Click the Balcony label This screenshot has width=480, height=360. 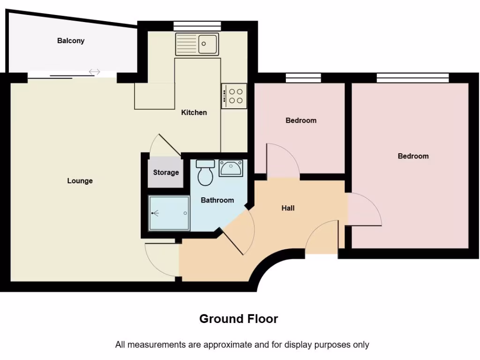click(71, 41)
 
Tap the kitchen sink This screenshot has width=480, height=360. click(197, 44)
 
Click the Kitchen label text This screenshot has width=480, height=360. click(194, 112)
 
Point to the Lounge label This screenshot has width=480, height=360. click(80, 181)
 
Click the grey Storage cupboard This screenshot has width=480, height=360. click(165, 172)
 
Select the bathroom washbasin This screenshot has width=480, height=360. click(231, 168)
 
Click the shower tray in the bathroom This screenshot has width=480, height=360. click(169, 213)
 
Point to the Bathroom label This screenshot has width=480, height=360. click(217, 200)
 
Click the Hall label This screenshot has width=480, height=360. click(288, 208)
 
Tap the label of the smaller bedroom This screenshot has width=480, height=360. click(301, 120)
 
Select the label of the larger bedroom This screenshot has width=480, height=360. click(413, 156)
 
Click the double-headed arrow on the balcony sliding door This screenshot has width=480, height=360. click(95, 72)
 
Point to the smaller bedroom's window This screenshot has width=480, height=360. click(303, 78)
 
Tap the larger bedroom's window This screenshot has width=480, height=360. click(412, 78)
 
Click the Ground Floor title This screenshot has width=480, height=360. click(239, 319)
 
